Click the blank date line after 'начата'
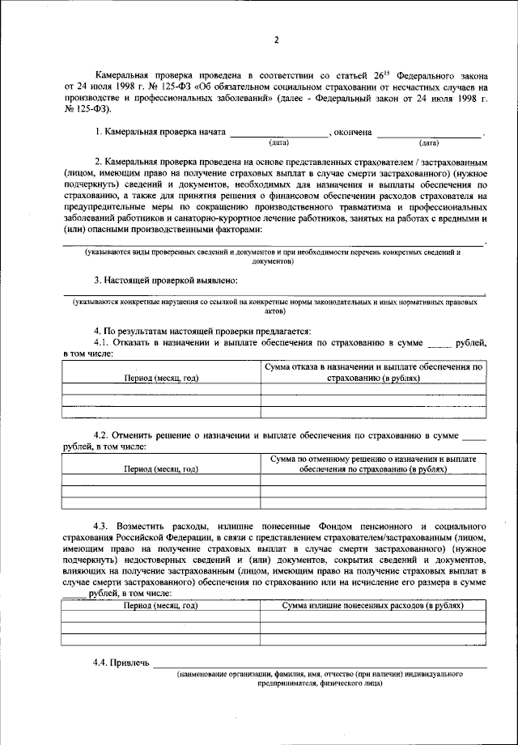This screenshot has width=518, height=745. (x=278, y=133)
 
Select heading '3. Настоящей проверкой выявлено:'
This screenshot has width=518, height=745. (x=165, y=280)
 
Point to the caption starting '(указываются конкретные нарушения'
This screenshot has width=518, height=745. (x=274, y=306)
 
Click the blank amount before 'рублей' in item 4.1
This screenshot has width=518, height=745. (x=438, y=343)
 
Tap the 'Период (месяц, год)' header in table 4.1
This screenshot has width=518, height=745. (x=160, y=378)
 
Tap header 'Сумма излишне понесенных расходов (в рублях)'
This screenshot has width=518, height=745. (x=373, y=605)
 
